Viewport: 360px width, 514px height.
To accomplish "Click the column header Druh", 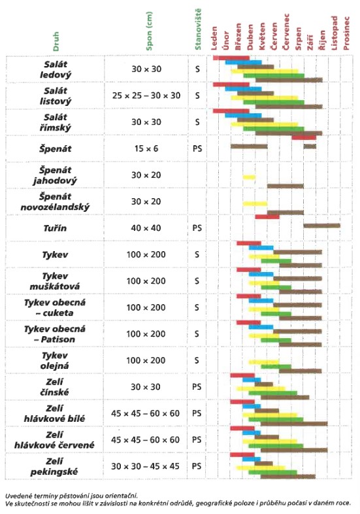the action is [x=56, y=41].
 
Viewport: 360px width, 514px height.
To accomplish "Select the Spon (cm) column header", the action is [x=149, y=31].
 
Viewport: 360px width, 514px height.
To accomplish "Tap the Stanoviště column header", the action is [x=197, y=29].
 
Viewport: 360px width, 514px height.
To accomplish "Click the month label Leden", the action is [x=214, y=39].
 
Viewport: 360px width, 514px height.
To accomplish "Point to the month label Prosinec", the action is [x=346, y=33].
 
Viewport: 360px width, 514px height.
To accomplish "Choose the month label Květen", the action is [x=262, y=37].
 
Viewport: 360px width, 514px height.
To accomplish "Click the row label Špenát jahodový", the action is [x=55, y=175].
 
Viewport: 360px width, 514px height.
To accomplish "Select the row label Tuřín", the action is [x=55, y=228].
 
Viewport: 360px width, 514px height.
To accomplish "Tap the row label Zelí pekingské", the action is [x=54, y=466].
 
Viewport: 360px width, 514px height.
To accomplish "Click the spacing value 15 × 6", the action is [x=146, y=148].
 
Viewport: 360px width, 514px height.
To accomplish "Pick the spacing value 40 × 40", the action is [x=146, y=228].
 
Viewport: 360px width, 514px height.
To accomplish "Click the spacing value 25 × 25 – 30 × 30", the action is [x=146, y=95].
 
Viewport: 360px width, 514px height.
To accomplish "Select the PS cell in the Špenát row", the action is [x=197, y=148].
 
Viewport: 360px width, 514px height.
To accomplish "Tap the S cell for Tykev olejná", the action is [x=197, y=360].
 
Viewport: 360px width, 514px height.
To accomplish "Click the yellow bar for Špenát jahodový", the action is [x=249, y=177].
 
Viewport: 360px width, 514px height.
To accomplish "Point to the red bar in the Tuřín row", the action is [x=267, y=216].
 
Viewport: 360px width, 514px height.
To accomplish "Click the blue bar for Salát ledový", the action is [x=244, y=62].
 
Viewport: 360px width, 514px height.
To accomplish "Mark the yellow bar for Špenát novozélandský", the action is [x=255, y=204].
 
